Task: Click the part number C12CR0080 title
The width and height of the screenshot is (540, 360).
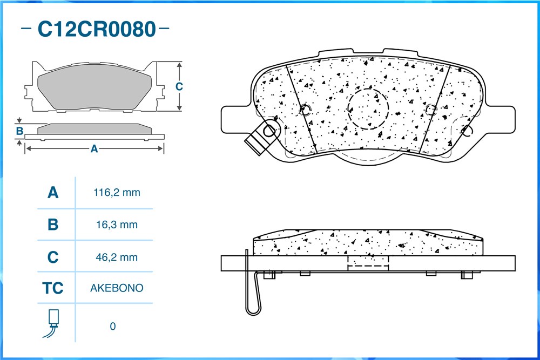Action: coord(97,29)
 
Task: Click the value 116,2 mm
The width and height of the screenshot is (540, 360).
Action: coord(117,192)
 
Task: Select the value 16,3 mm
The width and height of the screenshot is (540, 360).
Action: coord(117,225)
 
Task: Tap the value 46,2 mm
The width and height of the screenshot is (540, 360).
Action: coord(117,257)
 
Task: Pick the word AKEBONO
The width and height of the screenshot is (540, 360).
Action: coord(117,288)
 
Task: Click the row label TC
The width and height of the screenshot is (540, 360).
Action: coord(53,288)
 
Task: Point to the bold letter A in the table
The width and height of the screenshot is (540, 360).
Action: coord(53,192)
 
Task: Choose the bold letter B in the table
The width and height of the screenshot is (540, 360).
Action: coord(53,225)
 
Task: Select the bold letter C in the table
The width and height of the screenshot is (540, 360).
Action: coord(53,257)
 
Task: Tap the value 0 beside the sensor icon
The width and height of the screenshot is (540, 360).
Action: coord(113,327)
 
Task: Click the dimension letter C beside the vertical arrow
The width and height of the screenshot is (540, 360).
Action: coord(179,86)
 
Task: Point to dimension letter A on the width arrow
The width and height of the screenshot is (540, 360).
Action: coord(94,148)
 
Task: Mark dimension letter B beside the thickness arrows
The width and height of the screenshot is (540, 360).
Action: coord(19,131)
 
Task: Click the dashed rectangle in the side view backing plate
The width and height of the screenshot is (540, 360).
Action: coord(368,263)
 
